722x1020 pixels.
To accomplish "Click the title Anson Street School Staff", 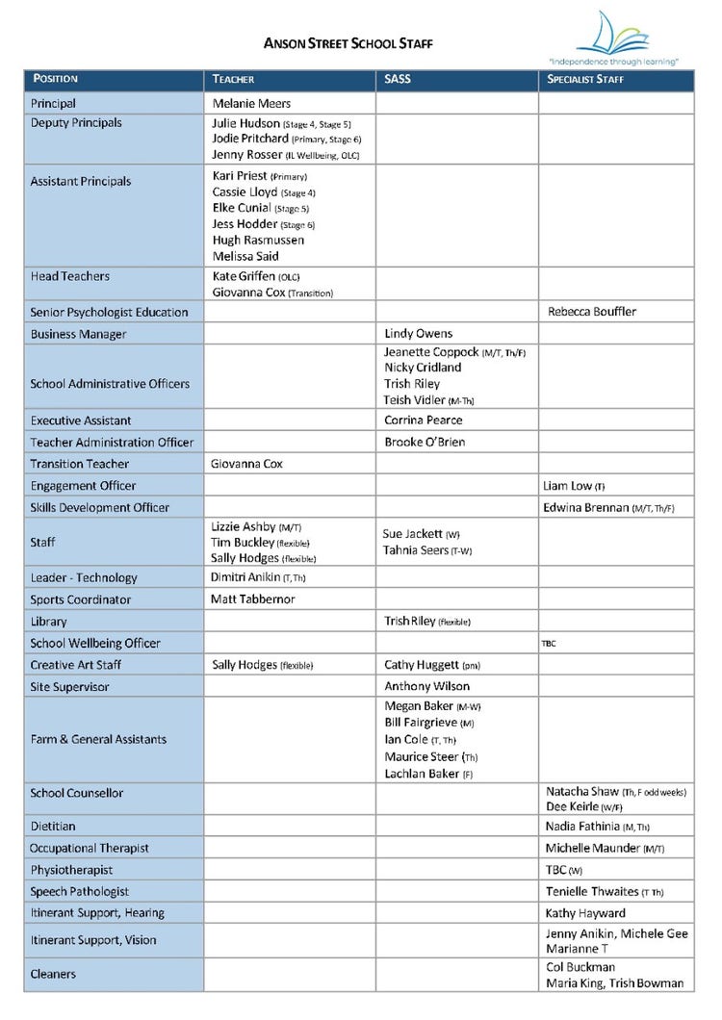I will pos(348,43).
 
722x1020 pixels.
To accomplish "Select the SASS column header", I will pos(398,79).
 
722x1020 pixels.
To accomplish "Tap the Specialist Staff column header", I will pos(585,79).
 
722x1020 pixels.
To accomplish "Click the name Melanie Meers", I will pos(250,103).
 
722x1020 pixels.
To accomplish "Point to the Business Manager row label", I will pos(78,334).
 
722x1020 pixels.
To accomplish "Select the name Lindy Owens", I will pos(418,334).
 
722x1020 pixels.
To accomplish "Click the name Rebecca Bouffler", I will pos(592,312).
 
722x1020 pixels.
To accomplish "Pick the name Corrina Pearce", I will pos(423,421).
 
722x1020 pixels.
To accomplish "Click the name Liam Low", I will pos(568,486).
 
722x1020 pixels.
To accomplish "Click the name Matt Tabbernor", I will pos(252,599).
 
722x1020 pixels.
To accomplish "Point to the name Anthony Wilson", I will pos(426,687).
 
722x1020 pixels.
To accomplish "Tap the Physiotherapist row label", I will pos(71,870).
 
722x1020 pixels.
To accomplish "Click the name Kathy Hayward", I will pos(585,913).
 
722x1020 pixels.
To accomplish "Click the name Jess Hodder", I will pos(245,224).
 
